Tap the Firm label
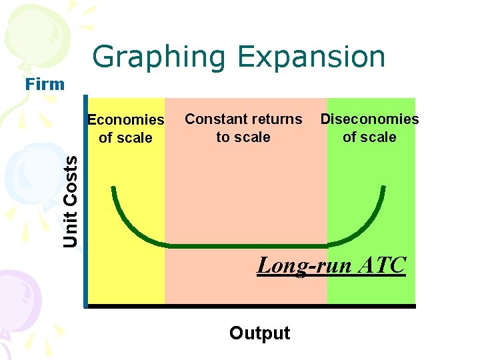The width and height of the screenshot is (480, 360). [45, 84]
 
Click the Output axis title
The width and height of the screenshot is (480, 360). [259, 333]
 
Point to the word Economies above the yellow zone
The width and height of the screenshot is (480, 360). [126, 120]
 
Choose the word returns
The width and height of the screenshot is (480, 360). [274, 119]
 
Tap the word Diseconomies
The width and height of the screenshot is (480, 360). [369, 119]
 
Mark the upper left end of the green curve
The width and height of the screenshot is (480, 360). [114, 189]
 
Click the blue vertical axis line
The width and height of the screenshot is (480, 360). [85, 200]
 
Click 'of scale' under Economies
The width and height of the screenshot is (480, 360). [125, 138]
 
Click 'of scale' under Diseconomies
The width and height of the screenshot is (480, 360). [369, 137]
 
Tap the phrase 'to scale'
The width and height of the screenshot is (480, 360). [243, 137]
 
